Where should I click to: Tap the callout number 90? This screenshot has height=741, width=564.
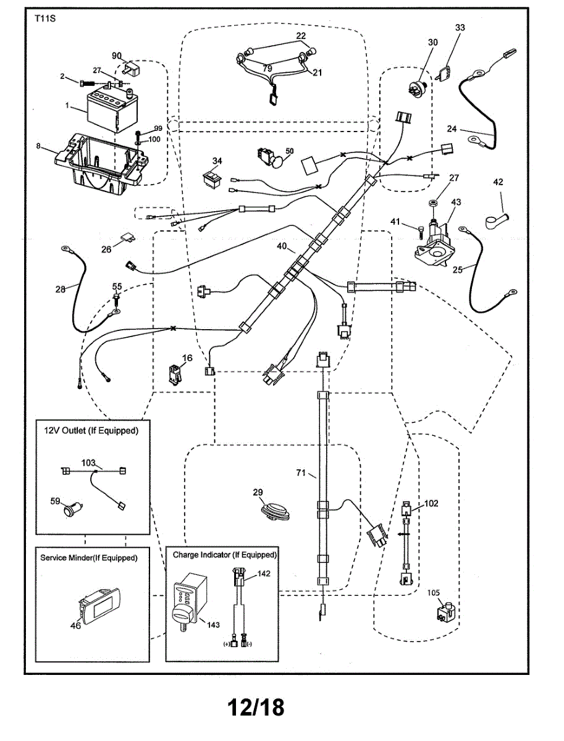(x=116, y=56)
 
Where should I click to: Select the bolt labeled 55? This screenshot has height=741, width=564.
(x=116, y=299)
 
